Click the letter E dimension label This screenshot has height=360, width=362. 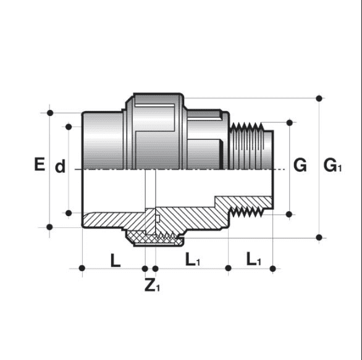pyautogui.click(x=39, y=165)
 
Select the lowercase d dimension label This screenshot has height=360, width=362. pyautogui.click(x=60, y=167)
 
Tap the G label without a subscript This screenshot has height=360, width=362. pyautogui.click(x=300, y=165)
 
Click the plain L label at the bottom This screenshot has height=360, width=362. pyautogui.click(x=116, y=260)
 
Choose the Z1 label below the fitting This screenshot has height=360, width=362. pyautogui.click(x=152, y=287)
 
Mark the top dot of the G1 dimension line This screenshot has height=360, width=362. pyautogui.click(x=319, y=98)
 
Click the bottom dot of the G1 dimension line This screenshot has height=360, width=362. pyautogui.click(x=319, y=237)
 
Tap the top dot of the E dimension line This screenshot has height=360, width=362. pyautogui.click(x=49, y=113)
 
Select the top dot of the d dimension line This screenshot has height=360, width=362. pyautogui.click(x=68, y=126)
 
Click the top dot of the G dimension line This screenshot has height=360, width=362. pyautogui.click(x=289, y=122)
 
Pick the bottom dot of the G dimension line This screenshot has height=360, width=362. pyautogui.click(x=289, y=214)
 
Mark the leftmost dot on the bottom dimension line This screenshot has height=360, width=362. pyautogui.click(x=82, y=268)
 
